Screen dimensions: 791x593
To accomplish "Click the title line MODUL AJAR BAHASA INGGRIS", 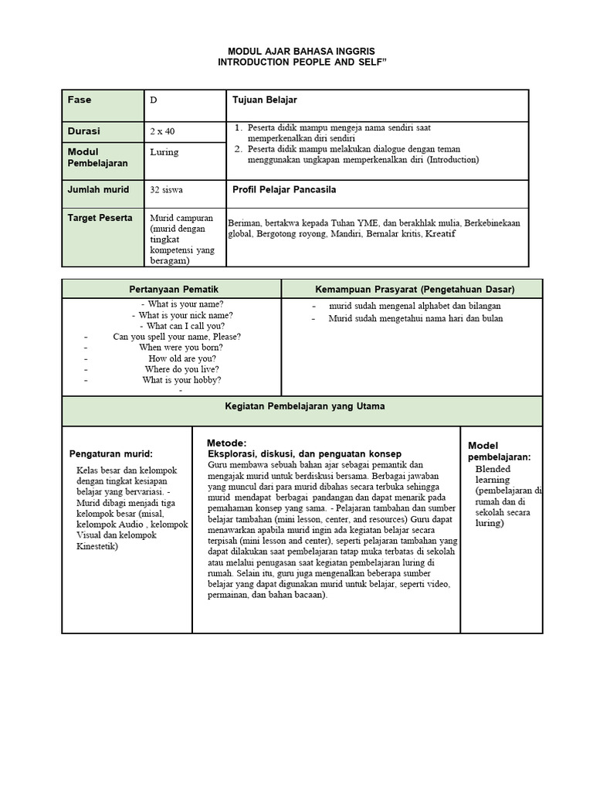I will pos(296,49).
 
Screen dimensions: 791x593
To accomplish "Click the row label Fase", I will pos(80,100).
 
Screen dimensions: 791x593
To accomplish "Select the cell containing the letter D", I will pos(154,100).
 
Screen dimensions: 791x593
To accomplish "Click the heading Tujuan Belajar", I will pos(264,100).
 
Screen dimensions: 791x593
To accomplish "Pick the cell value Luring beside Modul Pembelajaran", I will pos(164,152).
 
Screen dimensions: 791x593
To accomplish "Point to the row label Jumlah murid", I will pos(99,189).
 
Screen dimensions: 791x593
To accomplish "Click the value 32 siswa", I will pos(167,189).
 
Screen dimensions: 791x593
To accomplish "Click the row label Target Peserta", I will pos(100,218).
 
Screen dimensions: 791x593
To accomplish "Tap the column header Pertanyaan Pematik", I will pos(171,289).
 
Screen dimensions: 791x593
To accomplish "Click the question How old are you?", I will pos(182,358).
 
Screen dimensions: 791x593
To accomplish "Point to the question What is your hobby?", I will pos(181,380).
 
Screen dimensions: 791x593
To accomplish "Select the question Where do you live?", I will pos(181,369).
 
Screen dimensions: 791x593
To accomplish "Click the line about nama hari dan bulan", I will pos(415,318).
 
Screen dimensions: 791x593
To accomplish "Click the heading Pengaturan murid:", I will pos(111,453).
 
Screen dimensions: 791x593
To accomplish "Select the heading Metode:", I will pos(226,443).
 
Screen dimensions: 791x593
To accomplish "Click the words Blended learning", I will pos(493,474).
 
